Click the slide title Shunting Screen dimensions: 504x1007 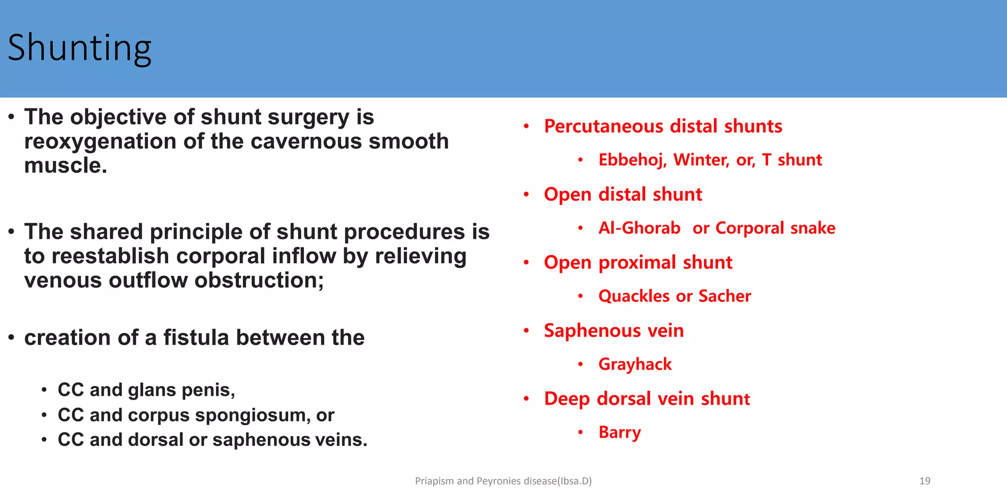pyautogui.click(x=80, y=48)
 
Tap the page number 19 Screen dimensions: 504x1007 pyautogui.click(x=924, y=481)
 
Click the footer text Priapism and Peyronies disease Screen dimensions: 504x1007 pyautogui.click(x=503, y=481)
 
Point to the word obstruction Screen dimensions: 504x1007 pyautogui.click(x=259, y=281)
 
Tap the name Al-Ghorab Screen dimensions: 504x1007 pyautogui.click(x=639, y=228)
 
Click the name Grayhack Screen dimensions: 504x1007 pyautogui.click(x=635, y=364)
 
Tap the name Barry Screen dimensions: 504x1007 pyautogui.click(x=620, y=432)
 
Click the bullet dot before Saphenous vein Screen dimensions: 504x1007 pyautogui.click(x=526, y=330)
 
